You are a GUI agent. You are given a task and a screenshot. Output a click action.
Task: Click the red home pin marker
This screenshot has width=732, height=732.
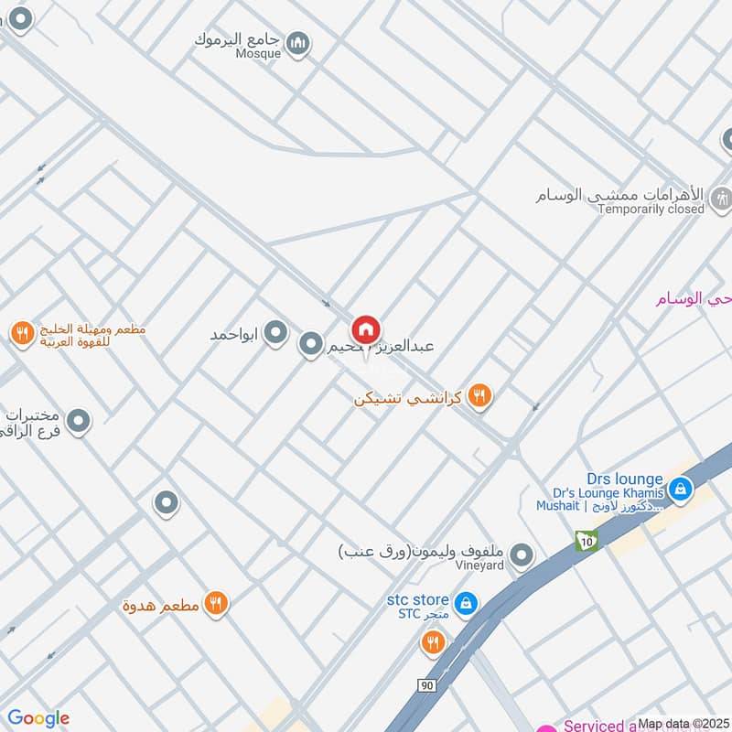[x=366, y=330]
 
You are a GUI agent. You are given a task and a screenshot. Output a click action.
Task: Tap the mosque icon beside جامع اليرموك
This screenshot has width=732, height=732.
[x=297, y=42]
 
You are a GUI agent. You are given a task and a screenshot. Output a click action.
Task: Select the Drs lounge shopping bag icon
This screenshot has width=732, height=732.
[x=679, y=490]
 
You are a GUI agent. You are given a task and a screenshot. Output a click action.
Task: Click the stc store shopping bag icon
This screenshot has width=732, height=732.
[x=466, y=603]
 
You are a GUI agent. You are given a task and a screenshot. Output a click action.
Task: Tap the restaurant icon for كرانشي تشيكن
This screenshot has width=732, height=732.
[x=479, y=396]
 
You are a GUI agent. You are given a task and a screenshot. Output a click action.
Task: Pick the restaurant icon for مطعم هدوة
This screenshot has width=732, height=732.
[x=215, y=602]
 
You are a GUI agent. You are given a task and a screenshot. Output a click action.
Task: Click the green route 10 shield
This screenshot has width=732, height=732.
[x=586, y=542]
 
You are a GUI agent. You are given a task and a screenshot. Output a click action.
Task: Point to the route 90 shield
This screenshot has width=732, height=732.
[x=426, y=685]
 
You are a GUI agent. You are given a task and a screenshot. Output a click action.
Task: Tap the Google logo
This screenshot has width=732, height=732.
[x=38, y=718]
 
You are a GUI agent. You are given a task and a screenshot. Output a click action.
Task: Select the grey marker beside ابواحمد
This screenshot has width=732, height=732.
[x=275, y=334]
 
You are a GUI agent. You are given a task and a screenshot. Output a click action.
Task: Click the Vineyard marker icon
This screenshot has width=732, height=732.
[x=522, y=554]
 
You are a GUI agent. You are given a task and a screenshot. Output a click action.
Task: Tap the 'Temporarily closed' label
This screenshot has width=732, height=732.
[x=651, y=209]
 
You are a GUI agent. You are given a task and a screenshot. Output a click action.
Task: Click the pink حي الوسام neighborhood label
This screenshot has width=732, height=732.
[x=693, y=298]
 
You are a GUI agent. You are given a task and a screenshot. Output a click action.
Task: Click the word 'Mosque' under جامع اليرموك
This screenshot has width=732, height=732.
[x=261, y=54]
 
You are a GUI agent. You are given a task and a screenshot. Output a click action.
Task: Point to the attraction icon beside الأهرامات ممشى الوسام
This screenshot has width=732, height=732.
[x=721, y=196]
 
